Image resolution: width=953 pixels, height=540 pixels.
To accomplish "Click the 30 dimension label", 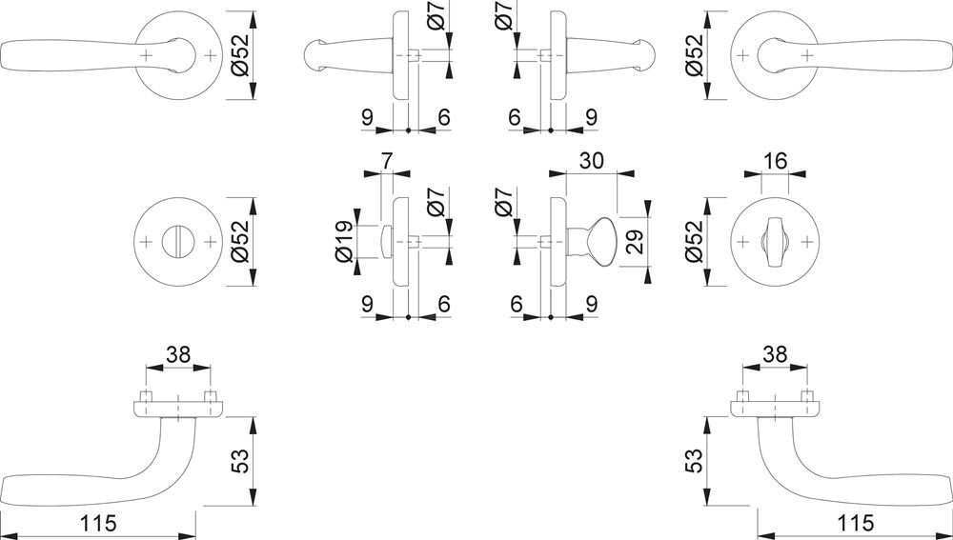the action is pos(592,162).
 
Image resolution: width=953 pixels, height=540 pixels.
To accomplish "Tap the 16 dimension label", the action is pos(774,162).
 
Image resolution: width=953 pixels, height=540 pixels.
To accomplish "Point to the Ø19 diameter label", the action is pos(343,241).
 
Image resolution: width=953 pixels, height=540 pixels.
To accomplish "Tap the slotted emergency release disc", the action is pos(178,242).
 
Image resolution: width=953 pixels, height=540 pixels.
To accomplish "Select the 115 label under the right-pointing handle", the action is pos(855,523).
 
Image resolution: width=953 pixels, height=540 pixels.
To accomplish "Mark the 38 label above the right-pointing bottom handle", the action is pos(774,354).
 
